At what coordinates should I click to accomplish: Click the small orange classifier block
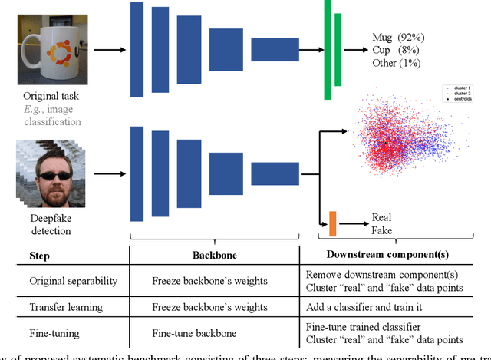click(x=332, y=223)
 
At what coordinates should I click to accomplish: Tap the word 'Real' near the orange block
click(x=381, y=218)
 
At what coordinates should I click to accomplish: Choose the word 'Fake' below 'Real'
click(x=381, y=230)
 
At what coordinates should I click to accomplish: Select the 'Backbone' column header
click(x=210, y=254)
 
